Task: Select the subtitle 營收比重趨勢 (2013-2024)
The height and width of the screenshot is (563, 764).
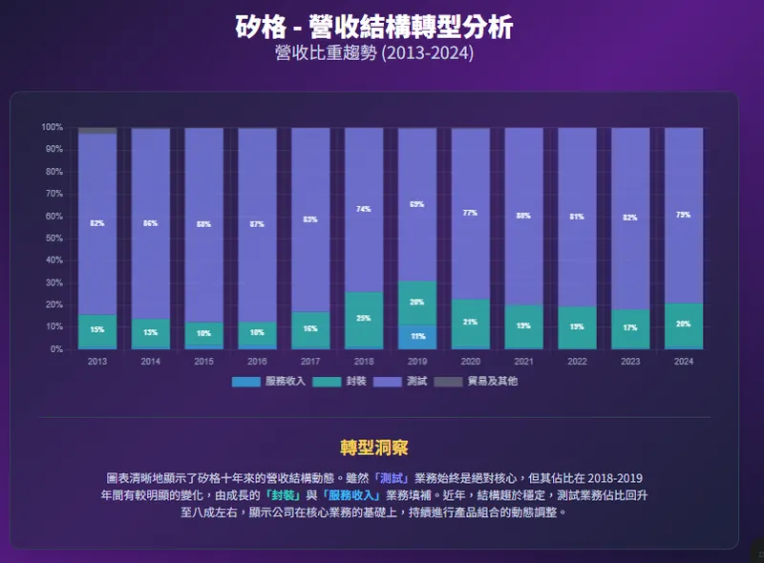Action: pos(374,52)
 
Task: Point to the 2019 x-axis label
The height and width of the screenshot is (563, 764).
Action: pos(416,362)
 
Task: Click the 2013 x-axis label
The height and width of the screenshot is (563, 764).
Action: pos(97,362)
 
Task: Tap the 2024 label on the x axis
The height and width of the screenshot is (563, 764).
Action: pos(684,362)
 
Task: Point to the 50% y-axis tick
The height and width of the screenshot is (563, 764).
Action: pos(52,239)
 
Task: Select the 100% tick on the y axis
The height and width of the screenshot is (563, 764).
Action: pos(52,127)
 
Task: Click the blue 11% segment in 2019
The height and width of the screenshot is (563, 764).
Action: pos(416,337)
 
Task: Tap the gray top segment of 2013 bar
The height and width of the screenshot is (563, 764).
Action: pos(97,130)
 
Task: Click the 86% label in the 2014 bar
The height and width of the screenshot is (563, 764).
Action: pos(151,223)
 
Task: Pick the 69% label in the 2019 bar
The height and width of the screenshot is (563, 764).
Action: pos(416,204)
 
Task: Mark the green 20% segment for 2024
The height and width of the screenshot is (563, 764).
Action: pos(684,324)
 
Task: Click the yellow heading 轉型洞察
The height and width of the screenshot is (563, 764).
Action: pos(374,448)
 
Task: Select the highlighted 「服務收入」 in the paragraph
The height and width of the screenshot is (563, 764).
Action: pos(350,494)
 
